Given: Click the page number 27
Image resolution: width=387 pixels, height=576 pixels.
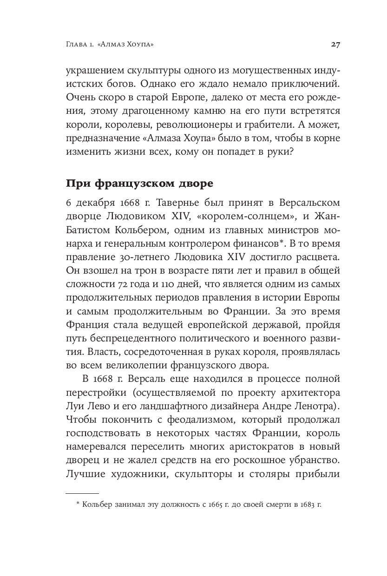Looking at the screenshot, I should [x=335, y=45].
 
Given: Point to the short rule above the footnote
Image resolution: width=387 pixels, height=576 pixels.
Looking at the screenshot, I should [x=82, y=493].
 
